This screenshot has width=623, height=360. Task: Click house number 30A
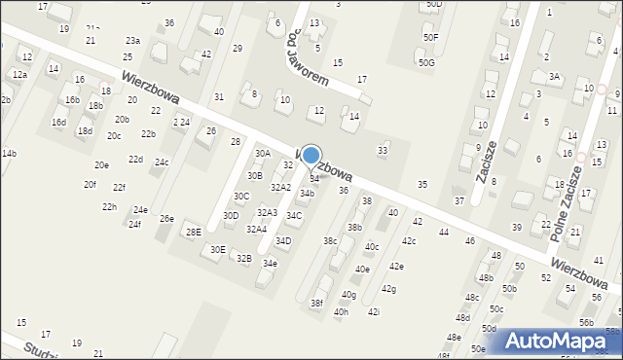(263, 154)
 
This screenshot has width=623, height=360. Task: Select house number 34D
(283, 240)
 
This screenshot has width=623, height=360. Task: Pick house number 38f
(316, 304)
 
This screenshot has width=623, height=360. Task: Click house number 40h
(341, 312)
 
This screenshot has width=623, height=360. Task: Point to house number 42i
(374, 311)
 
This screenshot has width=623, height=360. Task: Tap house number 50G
(426, 63)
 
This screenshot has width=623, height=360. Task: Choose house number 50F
(430, 37)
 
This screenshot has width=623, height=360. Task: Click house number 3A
(555, 76)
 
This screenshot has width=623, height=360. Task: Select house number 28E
(194, 232)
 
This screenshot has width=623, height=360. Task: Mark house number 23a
(132, 41)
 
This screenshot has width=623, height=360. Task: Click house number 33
(383, 150)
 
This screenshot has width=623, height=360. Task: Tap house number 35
(422, 185)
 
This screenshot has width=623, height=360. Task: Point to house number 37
(459, 200)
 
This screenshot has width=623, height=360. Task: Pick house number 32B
(243, 259)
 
